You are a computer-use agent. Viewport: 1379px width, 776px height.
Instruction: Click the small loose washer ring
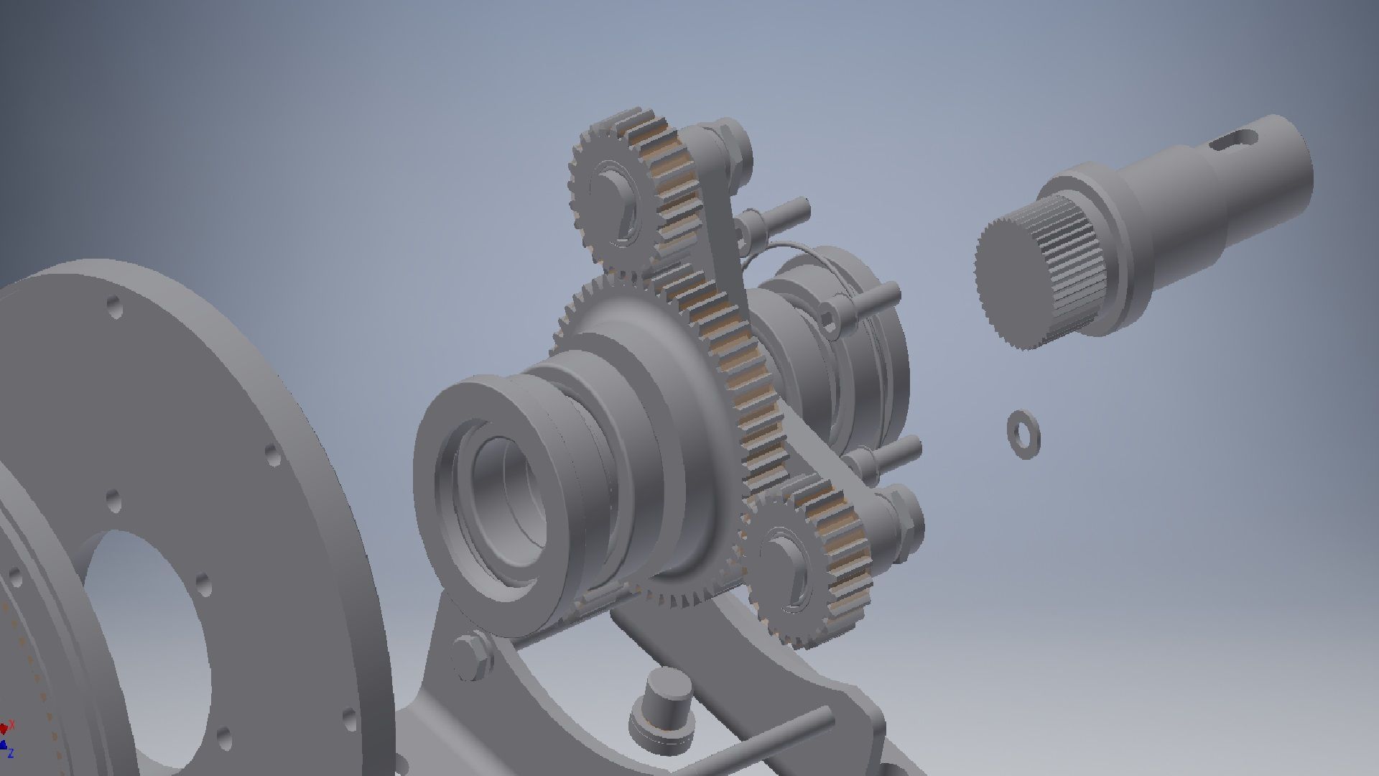(1023, 433)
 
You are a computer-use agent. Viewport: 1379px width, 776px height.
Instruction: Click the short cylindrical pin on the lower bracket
(662, 708)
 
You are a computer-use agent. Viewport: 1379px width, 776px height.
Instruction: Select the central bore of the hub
(506, 496)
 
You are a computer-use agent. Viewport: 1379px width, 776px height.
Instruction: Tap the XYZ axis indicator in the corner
(7, 740)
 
